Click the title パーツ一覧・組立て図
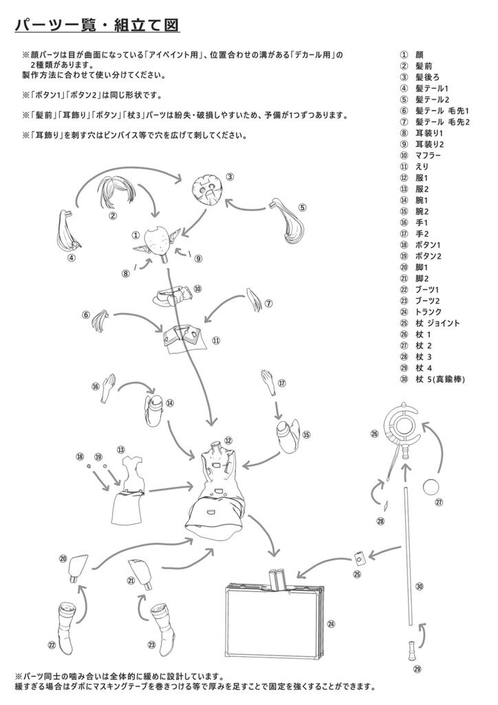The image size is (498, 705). (97, 25)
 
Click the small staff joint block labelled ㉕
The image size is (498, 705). (359, 559)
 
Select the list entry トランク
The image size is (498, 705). (429, 312)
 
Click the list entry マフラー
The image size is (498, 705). (428, 156)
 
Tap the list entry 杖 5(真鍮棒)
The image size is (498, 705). (440, 379)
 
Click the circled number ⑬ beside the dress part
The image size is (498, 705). (120, 450)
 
